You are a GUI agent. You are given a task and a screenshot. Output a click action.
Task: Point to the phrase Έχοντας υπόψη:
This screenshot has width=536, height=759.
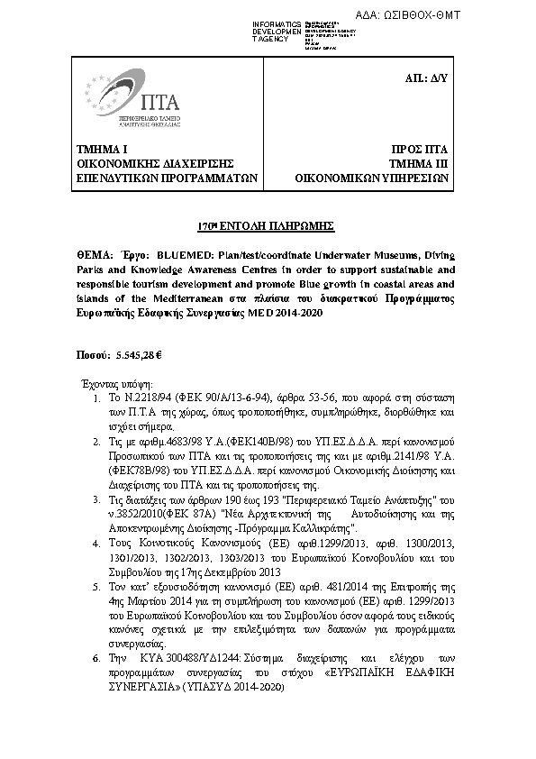118,382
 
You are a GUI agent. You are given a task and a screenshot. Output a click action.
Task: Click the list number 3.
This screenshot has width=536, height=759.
97,498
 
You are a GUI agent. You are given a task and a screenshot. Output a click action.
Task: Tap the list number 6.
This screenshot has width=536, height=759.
97,660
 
